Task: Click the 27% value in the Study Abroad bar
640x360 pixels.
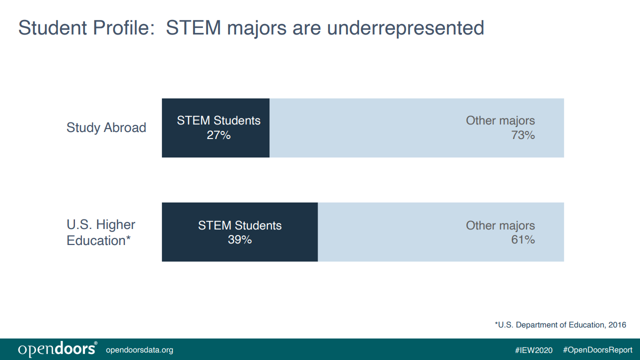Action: click(x=218, y=135)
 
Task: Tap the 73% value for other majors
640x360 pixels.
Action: click(x=523, y=135)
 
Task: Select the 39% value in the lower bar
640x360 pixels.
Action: click(x=239, y=239)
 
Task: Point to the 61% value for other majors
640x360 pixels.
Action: click(x=523, y=239)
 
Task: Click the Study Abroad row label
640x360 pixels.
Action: click(x=106, y=127)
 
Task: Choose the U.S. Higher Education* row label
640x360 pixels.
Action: click(x=101, y=232)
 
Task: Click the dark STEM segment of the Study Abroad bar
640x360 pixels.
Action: click(x=215, y=128)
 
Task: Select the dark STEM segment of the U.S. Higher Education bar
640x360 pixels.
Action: click(x=239, y=232)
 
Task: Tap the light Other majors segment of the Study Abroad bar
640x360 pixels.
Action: click(x=416, y=128)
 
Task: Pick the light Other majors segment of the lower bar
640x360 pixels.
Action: click(x=441, y=232)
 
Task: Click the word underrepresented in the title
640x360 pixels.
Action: click(x=405, y=28)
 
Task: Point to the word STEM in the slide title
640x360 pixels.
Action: click(x=193, y=27)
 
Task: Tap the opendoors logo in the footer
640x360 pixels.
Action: click(x=57, y=349)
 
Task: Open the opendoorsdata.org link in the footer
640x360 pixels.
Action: click(x=139, y=350)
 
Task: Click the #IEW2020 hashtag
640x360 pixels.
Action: click(x=533, y=350)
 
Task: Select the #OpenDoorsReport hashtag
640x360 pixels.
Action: click(x=597, y=350)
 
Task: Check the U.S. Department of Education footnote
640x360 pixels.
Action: click(x=560, y=325)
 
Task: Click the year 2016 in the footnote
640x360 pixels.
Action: click(x=617, y=325)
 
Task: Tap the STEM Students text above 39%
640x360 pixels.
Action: click(x=239, y=225)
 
